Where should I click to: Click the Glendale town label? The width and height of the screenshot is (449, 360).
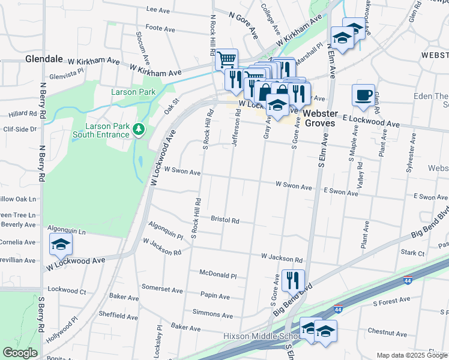44,59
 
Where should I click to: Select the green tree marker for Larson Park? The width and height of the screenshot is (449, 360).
139,129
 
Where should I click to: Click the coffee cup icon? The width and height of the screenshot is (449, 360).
363,96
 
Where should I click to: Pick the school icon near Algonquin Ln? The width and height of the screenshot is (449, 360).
61,245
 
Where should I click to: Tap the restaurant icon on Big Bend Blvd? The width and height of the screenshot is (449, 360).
292,280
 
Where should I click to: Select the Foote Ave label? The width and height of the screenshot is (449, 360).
160,28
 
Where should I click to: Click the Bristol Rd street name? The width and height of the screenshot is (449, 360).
225,220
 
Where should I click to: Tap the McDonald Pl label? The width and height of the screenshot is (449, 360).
218,274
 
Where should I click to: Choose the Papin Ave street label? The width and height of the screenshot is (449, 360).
215,296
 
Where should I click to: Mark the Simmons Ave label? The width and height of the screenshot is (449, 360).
212,314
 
